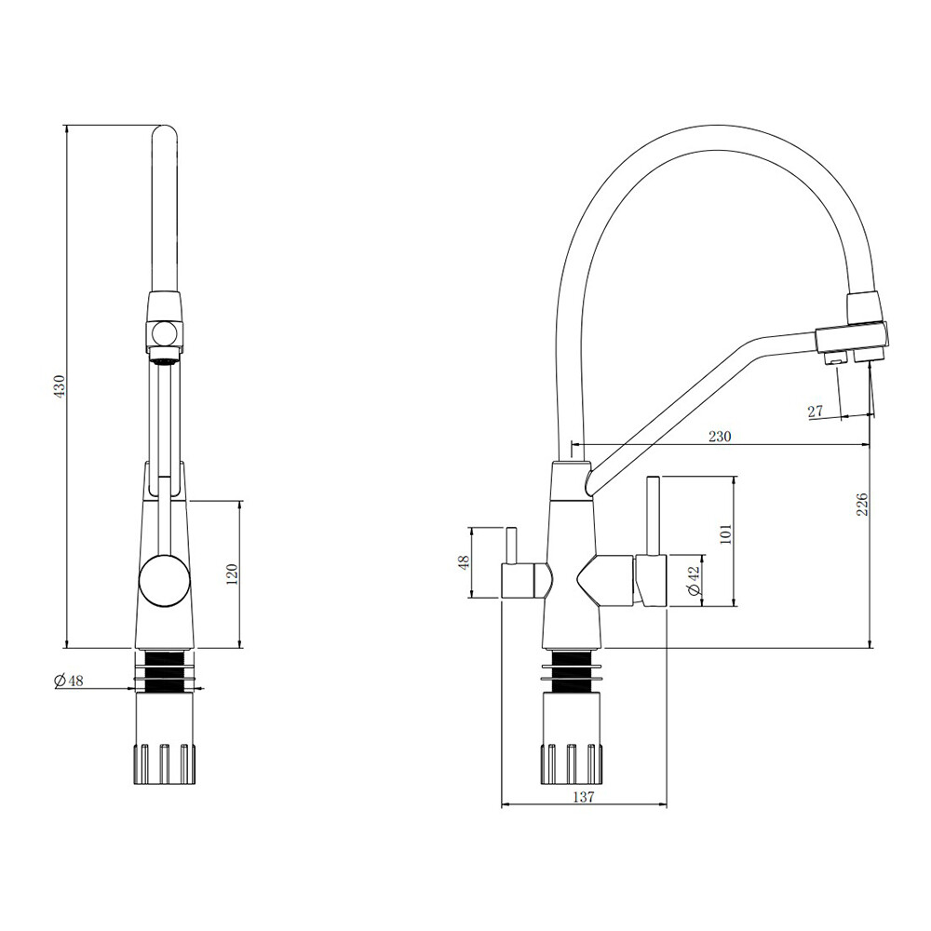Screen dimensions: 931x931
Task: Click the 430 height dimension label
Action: pyautogui.click(x=60, y=386)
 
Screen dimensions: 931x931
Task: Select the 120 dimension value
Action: pyautogui.click(x=232, y=573)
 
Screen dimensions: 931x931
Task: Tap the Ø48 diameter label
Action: pyautogui.click(x=68, y=681)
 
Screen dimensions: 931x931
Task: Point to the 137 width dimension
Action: pyautogui.click(x=583, y=797)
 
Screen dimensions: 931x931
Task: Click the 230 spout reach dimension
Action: pyautogui.click(x=720, y=437)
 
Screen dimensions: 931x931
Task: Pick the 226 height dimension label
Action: pyautogui.click(x=863, y=504)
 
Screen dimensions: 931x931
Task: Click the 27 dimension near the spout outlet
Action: pyautogui.click(x=816, y=411)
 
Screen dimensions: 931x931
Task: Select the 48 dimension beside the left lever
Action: pyautogui.click(x=464, y=561)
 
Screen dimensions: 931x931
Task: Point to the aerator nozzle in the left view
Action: pyautogui.click(x=163, y=356)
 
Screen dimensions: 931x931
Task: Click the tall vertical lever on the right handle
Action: pyautogui.click(x=653, y=516)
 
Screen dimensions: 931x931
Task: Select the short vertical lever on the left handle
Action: pyautogui.click(x=510, y=546)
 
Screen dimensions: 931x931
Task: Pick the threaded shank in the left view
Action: pyautogui.click(x=165, y=671)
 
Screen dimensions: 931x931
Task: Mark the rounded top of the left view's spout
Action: pyautogui.click(x=165, y=133)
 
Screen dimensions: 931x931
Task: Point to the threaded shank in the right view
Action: pyautogui.click(x=573, y=672)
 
